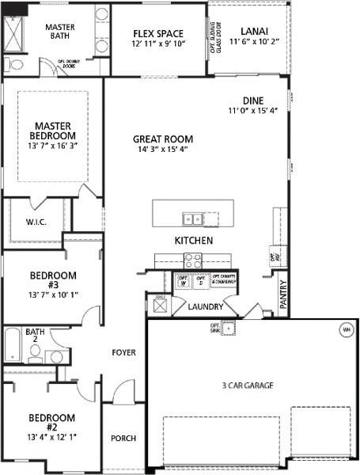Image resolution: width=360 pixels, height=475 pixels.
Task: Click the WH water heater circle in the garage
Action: coord(345,329)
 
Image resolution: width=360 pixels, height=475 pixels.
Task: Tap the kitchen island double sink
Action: coord(192,218)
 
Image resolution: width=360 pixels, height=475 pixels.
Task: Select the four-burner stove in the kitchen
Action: coord(192,260)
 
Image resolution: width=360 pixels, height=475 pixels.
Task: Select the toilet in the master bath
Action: coord(11,64)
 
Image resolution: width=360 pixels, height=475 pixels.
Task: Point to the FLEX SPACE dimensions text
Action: coord(157,44)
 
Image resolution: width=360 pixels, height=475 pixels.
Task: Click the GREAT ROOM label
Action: coord(163,139)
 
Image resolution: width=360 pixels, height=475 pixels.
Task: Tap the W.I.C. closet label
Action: coord(36,222)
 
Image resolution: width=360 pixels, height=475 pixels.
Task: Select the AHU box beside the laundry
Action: coord(158,303)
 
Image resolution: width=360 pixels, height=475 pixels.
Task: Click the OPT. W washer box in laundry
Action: coord(183,281)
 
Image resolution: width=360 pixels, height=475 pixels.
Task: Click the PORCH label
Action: coord(123,438)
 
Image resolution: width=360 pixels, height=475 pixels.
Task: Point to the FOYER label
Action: coord(123,352)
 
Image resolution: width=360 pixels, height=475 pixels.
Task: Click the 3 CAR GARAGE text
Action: coord(248,386)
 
